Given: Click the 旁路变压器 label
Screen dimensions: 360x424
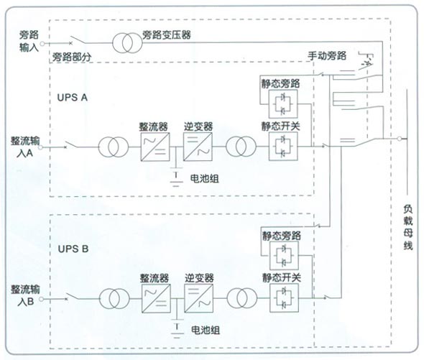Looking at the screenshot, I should click(x=167, y=35).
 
